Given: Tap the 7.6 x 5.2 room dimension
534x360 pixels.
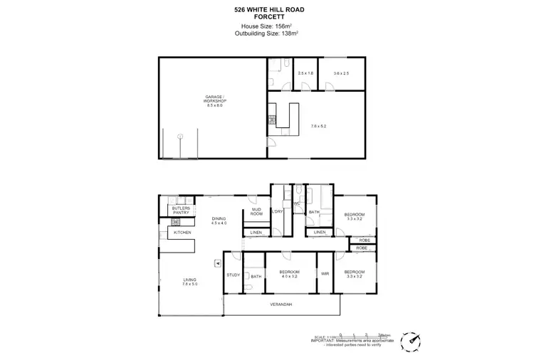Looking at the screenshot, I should pos(318,126).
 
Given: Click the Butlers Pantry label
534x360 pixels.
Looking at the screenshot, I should pos(181,211).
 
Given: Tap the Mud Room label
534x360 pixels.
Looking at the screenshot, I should pos(256,212).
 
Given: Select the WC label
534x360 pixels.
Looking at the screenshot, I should pos(296,205).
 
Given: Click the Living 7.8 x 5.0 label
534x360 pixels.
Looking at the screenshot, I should pos(189,282).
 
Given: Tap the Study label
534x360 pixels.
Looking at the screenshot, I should pos(232,275).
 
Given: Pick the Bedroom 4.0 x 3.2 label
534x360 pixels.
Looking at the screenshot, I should pos(289,275).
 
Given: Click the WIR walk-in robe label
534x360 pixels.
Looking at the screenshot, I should pos(325,273).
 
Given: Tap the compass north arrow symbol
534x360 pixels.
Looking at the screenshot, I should pos(410,342).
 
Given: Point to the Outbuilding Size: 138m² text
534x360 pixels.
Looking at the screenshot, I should pos(266,33).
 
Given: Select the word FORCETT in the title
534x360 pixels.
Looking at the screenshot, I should pos(266,16).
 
